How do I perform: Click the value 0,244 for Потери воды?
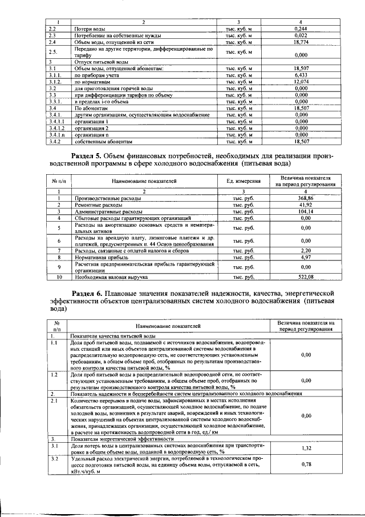tap(301, 29)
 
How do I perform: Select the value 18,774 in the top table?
tap(301, 42)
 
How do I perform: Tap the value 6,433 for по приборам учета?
tap(301, 75)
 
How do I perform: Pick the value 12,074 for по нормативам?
tap(301, 82)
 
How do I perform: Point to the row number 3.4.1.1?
tap(58, 121)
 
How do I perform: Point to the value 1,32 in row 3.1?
tap(306, 449)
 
